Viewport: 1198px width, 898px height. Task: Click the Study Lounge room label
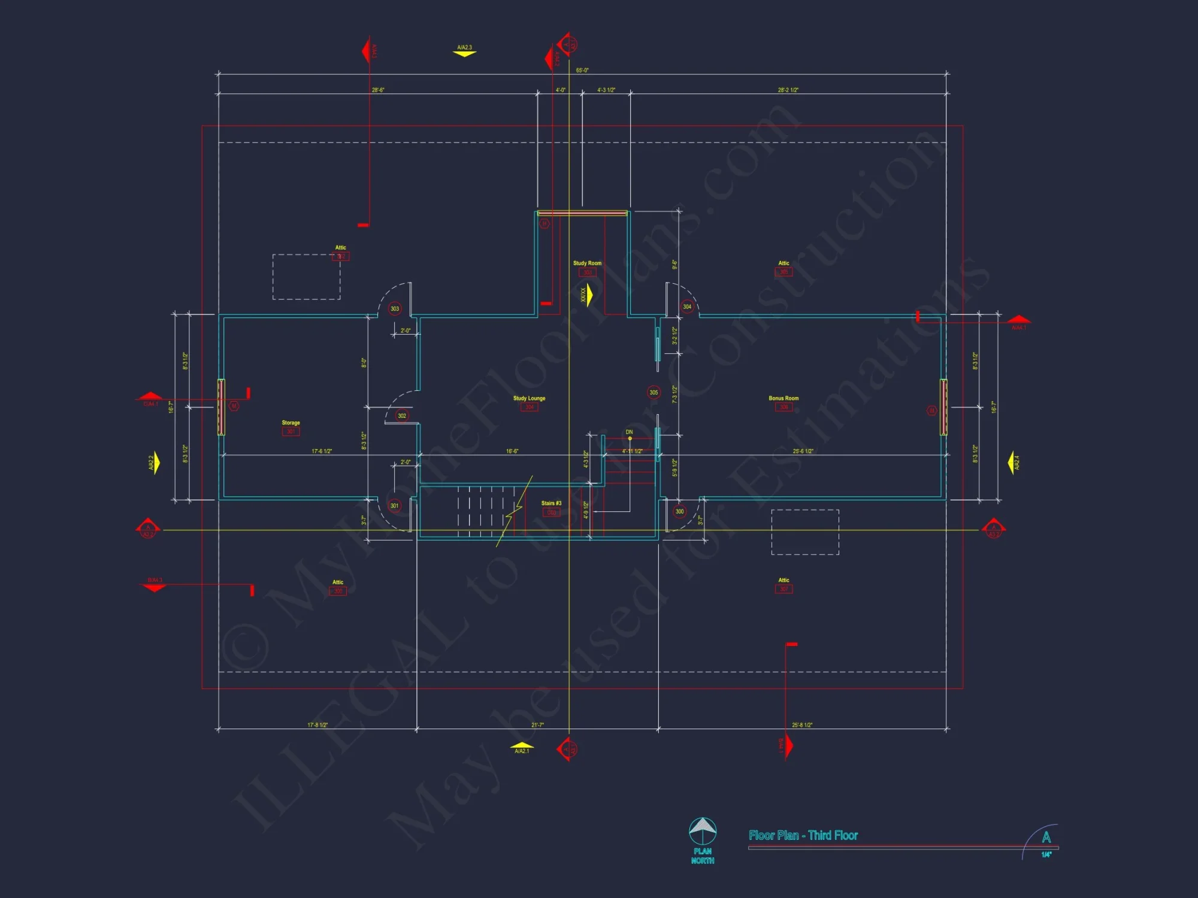click(529, 398)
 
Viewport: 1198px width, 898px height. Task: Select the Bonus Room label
click(783, 398)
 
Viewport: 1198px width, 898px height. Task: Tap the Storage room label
click(291, 423)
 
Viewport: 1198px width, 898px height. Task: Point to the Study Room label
click(587, 263)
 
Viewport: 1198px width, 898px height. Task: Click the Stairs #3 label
click(551, 503)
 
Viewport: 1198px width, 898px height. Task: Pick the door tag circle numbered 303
click(395, 309)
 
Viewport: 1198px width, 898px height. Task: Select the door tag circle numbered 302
click(402, 415)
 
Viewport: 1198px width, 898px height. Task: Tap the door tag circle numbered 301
click(394, 506)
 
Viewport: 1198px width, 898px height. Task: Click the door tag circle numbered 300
click(679, 511)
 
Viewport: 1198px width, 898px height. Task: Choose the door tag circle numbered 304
click(687, 307)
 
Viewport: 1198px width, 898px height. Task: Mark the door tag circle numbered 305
click(654, 393)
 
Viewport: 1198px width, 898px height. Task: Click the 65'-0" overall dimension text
click(582, 71)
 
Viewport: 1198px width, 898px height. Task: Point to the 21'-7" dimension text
click(537, 725)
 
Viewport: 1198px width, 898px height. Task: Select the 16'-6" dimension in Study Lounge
click(512, 451)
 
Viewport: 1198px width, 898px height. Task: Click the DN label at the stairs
click(629, 432)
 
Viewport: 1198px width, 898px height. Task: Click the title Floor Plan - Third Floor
click(803, 835)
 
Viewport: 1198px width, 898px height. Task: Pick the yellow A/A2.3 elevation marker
click(464, 51)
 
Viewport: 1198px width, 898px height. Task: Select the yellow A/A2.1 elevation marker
click(522, 748)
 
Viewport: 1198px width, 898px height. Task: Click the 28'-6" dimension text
click(378, 90)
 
